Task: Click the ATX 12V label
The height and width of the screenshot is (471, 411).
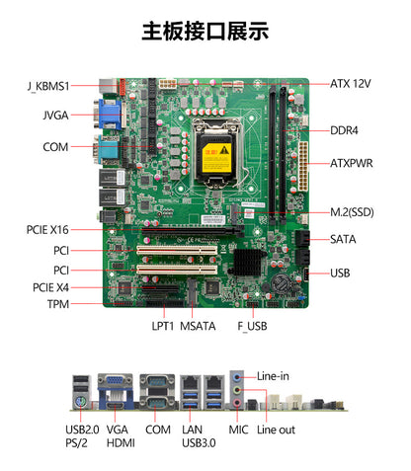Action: click(351, 84)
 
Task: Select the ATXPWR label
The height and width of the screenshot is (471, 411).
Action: click(351, 163)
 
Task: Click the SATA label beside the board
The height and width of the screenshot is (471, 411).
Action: click(343, 239)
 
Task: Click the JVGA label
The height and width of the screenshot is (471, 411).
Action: click(55, 115)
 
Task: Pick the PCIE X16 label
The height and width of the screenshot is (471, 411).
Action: click(48, 230)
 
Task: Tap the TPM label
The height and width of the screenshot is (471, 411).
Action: click(57, 304)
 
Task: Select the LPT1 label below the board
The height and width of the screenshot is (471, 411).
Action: click(164, 324)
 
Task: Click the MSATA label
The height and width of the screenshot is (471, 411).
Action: click(199, 324)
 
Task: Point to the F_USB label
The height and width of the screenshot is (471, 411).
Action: click(253, 324)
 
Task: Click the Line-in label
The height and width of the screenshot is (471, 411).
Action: click(274, 376)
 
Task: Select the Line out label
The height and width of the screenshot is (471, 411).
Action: click(276, 430)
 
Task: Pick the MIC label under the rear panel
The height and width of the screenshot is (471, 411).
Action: click(238, 430)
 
